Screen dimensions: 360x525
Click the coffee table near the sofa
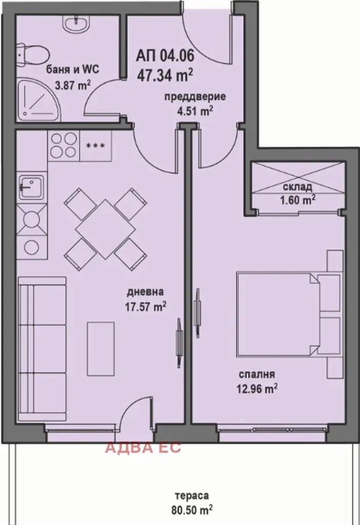click(x=101, y=349)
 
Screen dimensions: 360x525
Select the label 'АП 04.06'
click(x=165, y=55)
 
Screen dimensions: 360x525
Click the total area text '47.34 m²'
click(x=165, y=75)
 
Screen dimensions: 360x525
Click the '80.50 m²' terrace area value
click(x=192, y=510)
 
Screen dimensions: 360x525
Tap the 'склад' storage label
click(x=297, y=187)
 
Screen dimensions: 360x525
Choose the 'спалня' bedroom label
click(x=257, y=374)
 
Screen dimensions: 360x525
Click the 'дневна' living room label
click(x=145, y=292)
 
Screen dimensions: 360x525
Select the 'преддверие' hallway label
click(x=195, y=97)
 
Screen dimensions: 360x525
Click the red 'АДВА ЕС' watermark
click(x=143, y=447)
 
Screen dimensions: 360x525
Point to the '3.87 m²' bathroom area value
click(x=73, y=86)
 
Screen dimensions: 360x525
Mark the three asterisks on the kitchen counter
click(x=95, y=146)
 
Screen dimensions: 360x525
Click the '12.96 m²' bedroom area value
click(x=257, y=389)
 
